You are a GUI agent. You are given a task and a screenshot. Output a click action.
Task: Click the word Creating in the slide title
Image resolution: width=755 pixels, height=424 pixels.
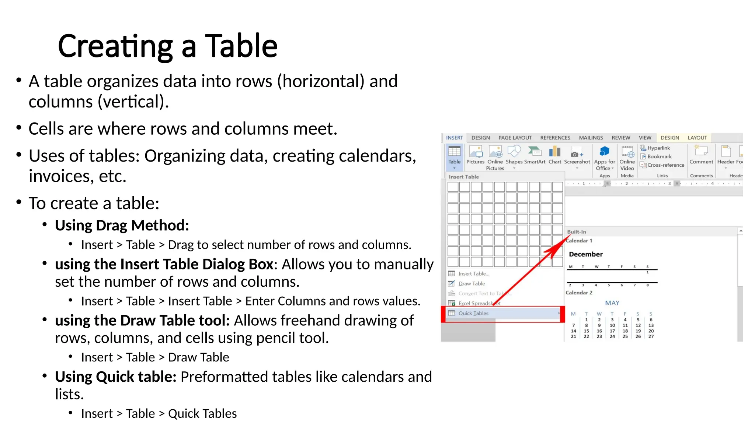115,46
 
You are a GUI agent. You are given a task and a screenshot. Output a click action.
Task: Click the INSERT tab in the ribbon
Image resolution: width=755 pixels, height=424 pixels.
454,138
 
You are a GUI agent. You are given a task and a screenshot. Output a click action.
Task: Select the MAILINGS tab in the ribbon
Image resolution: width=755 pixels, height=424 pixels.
591,138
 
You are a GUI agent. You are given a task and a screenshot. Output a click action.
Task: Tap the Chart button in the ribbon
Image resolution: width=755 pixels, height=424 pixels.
554,155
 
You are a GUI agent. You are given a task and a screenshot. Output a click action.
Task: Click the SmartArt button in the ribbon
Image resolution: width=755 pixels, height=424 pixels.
535,155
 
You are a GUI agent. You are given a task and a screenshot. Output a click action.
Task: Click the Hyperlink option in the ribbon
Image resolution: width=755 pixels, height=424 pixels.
658,148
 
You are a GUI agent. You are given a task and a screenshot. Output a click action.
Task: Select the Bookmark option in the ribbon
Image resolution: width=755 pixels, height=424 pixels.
659,156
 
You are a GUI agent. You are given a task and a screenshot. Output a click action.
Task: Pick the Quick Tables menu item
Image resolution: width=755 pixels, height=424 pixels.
473,313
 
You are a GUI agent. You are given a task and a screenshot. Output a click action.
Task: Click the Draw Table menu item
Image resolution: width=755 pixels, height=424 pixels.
472,284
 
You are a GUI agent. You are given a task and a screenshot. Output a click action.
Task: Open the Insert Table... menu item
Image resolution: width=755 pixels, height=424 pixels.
474,274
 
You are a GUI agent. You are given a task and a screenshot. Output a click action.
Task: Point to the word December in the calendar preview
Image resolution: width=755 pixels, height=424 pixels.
585,254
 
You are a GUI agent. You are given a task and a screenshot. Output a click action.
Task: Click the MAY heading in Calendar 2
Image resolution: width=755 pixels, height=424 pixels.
612,303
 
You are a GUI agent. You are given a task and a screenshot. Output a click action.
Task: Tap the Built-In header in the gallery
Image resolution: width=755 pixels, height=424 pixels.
577,232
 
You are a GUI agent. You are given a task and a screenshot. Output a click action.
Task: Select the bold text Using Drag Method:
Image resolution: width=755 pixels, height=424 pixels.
122,225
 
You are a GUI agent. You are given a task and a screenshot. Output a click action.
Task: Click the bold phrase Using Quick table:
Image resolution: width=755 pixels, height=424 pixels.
115,377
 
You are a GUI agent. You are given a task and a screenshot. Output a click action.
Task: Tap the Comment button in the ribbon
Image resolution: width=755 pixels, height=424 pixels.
701,155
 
